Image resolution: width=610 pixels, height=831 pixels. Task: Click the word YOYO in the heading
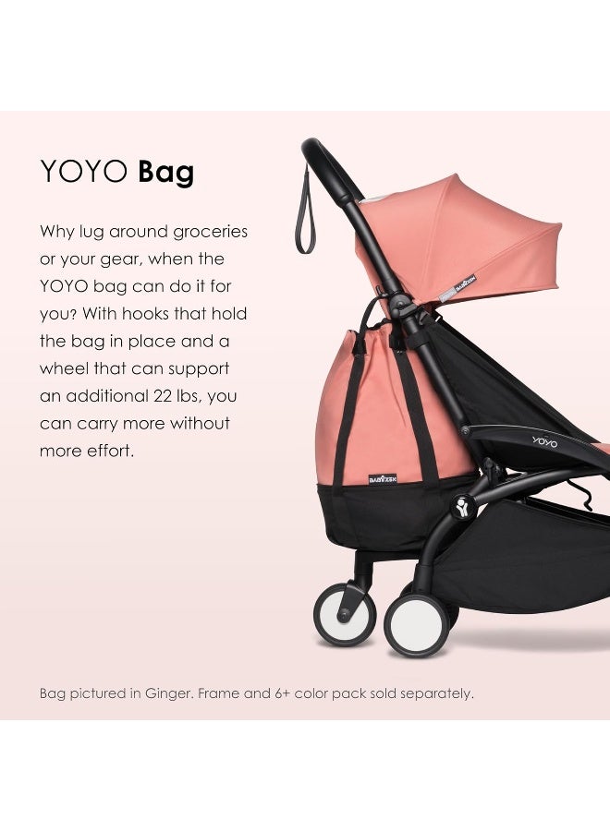pyautogui.click(x=83, y=172)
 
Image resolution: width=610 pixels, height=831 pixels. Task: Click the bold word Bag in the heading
pyautogui.click(x=165, y=172)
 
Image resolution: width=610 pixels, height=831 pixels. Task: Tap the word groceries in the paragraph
pyautogui.click(x=202, y=232)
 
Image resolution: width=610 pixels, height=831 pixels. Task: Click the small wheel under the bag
pyautogui.click(x=344, y=613)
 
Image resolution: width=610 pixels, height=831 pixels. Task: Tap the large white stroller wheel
pyautogui.click(x=416, y=624)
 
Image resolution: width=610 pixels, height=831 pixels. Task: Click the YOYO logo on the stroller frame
pyautogui.click(x=545, y=441)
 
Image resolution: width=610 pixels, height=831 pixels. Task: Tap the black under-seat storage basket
pyautogui.click(x=527, y=563)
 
